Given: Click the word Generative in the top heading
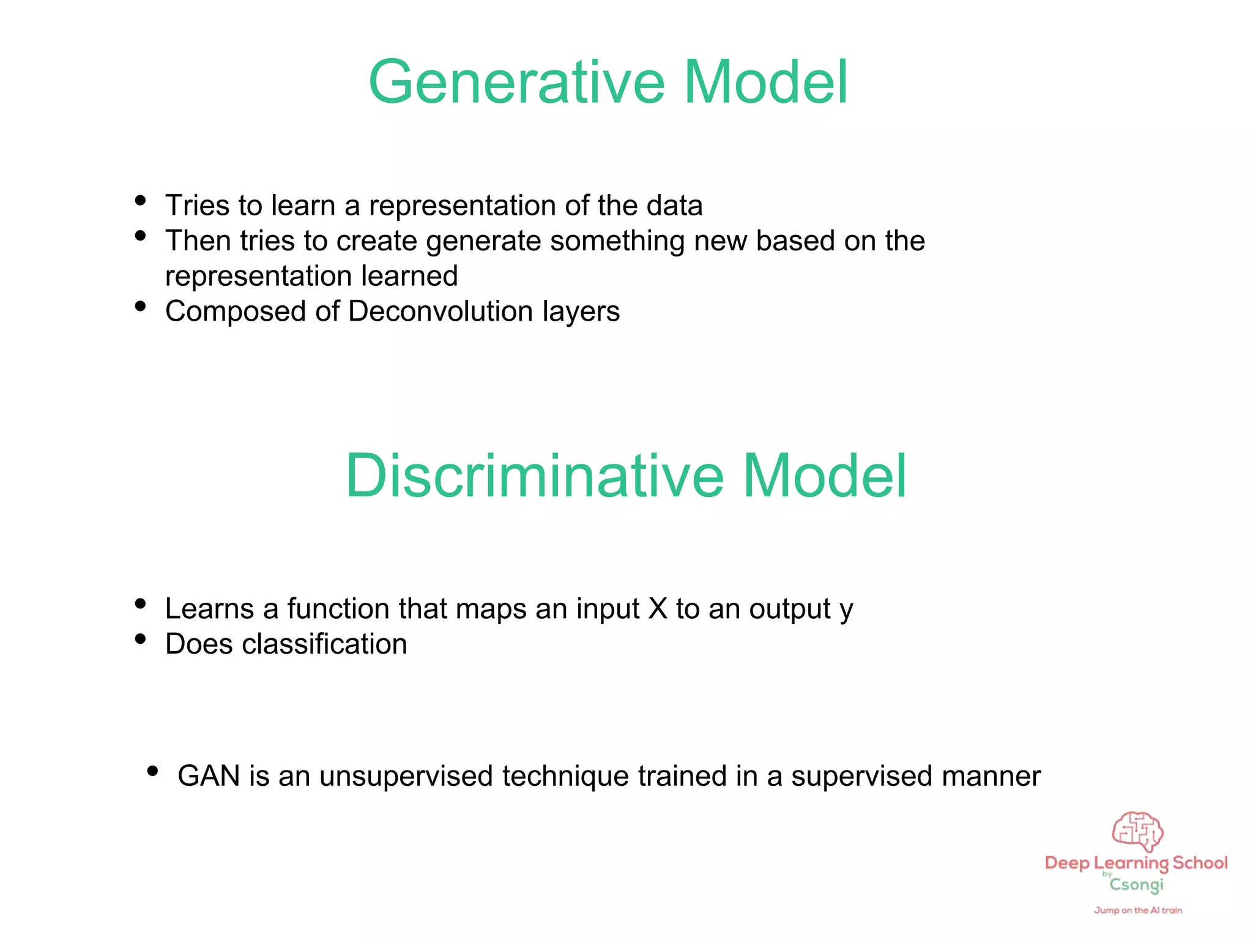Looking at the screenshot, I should (x=516, y=83).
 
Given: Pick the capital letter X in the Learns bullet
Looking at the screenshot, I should (x=658, y=609).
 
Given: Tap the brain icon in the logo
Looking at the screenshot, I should (x=1137, y=832).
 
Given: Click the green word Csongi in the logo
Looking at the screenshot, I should (x=1136, y=885).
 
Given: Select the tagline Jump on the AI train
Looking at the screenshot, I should (x=1138, y=911).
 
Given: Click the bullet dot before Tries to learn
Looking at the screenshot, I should (x=140, y=200).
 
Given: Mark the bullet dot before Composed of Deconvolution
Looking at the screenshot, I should (x=140, y=306).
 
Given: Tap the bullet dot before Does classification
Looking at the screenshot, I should (x=140, y=639).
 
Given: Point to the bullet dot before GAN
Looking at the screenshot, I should (x=153, y=771).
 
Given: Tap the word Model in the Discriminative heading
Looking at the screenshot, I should (x=824, y=476).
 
